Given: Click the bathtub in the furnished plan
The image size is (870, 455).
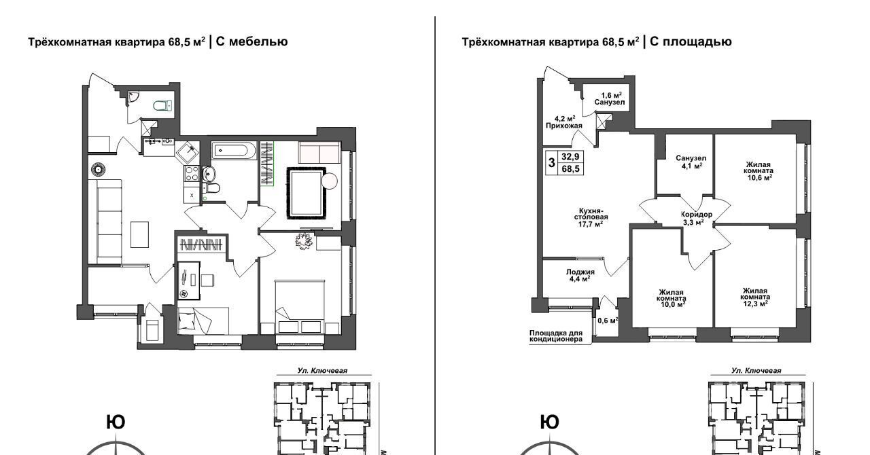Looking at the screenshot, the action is point(233,150).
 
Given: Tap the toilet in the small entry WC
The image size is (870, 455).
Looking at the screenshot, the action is point(163,105).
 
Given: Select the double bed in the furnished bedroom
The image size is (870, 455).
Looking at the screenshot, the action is point(300,306).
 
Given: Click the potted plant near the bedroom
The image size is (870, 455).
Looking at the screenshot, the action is point(304,241).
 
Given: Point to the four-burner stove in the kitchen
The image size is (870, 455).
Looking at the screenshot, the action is point(192,174).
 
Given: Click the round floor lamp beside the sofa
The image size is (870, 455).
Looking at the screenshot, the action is point(98,169).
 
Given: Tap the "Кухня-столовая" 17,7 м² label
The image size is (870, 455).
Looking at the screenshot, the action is point(591,217).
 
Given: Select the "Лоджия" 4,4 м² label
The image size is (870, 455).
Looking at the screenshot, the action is point(580,275).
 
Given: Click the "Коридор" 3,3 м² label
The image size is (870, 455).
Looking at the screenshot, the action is point(697,218).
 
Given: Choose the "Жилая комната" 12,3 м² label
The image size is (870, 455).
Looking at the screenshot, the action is point(755,297).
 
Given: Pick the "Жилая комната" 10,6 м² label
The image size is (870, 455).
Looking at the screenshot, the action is point(758,171).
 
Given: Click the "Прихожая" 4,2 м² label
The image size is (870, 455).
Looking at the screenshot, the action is point(564,122).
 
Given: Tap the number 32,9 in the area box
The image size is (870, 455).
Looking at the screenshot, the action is point(570,156).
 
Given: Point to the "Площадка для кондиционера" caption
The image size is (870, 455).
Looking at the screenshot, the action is point(556,336).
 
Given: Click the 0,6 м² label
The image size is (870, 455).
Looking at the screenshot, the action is point(608,321).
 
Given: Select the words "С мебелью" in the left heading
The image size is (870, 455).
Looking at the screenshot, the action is point(251,41).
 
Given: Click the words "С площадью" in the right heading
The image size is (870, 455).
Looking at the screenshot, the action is point(691,41).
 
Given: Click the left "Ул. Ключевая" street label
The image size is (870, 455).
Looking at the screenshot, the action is point(322,371).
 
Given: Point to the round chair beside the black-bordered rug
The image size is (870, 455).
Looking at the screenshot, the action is point(330,181).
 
